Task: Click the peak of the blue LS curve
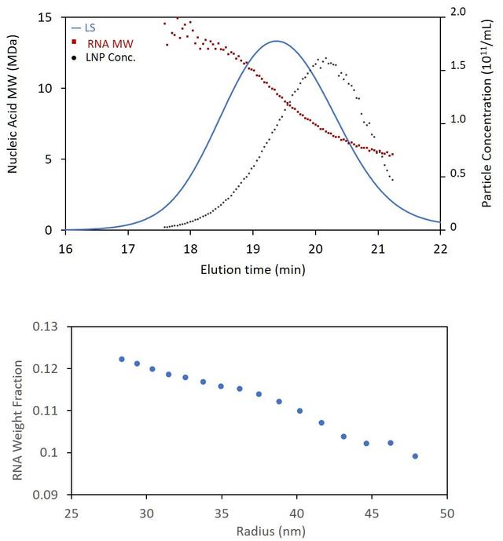click(x=277, y=41)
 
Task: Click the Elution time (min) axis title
click(x=252, y=269)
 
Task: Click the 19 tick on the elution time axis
click(x=252, y=246)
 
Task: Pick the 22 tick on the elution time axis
click(x=440, y=246)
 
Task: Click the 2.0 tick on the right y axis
click(x=457, y=11)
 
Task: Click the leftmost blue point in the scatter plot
click(x=122, y=359)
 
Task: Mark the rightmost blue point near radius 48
click(x=415, y=456)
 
